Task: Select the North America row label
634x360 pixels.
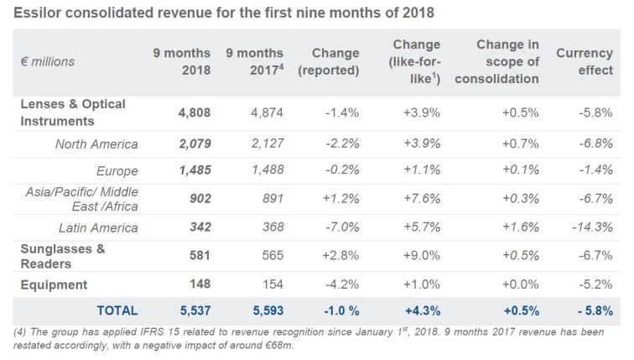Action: click(x=96, y=143)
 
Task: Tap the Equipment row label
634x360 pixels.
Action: click(x=54, y=284)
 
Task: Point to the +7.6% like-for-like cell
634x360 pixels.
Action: click(x=421, y=199)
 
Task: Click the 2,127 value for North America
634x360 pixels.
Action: click(x=266, y=143)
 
